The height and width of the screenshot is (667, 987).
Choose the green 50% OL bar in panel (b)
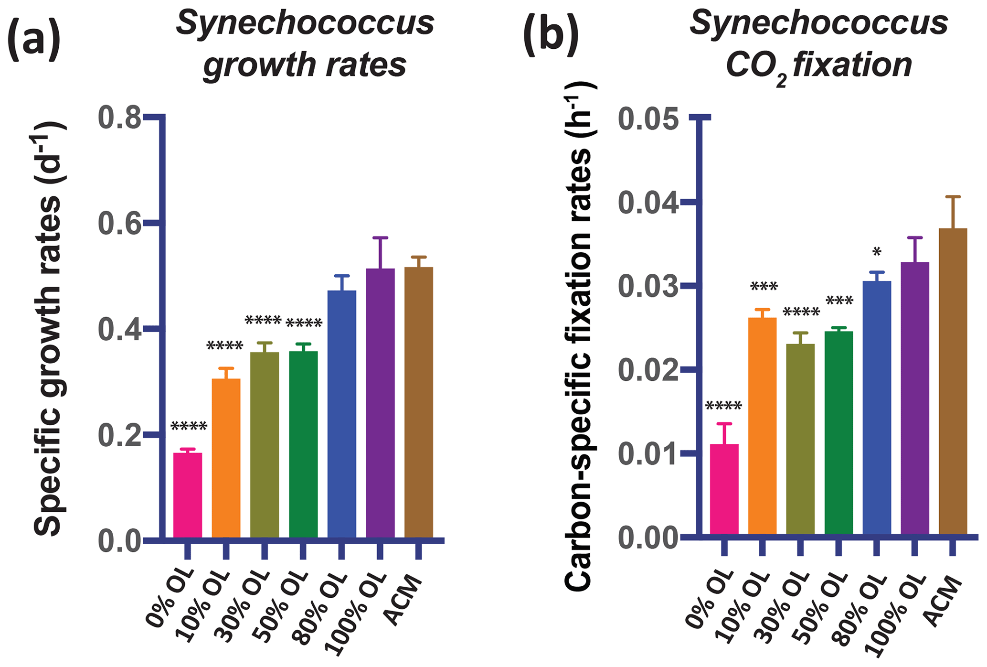click(838, 432)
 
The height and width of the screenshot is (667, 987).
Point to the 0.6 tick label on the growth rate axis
click(119, 223)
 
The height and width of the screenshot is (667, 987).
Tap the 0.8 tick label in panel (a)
click(119, 118)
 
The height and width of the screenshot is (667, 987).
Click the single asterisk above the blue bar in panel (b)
click(876, 252)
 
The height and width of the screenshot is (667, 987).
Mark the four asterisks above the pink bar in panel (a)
click(189, 426)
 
